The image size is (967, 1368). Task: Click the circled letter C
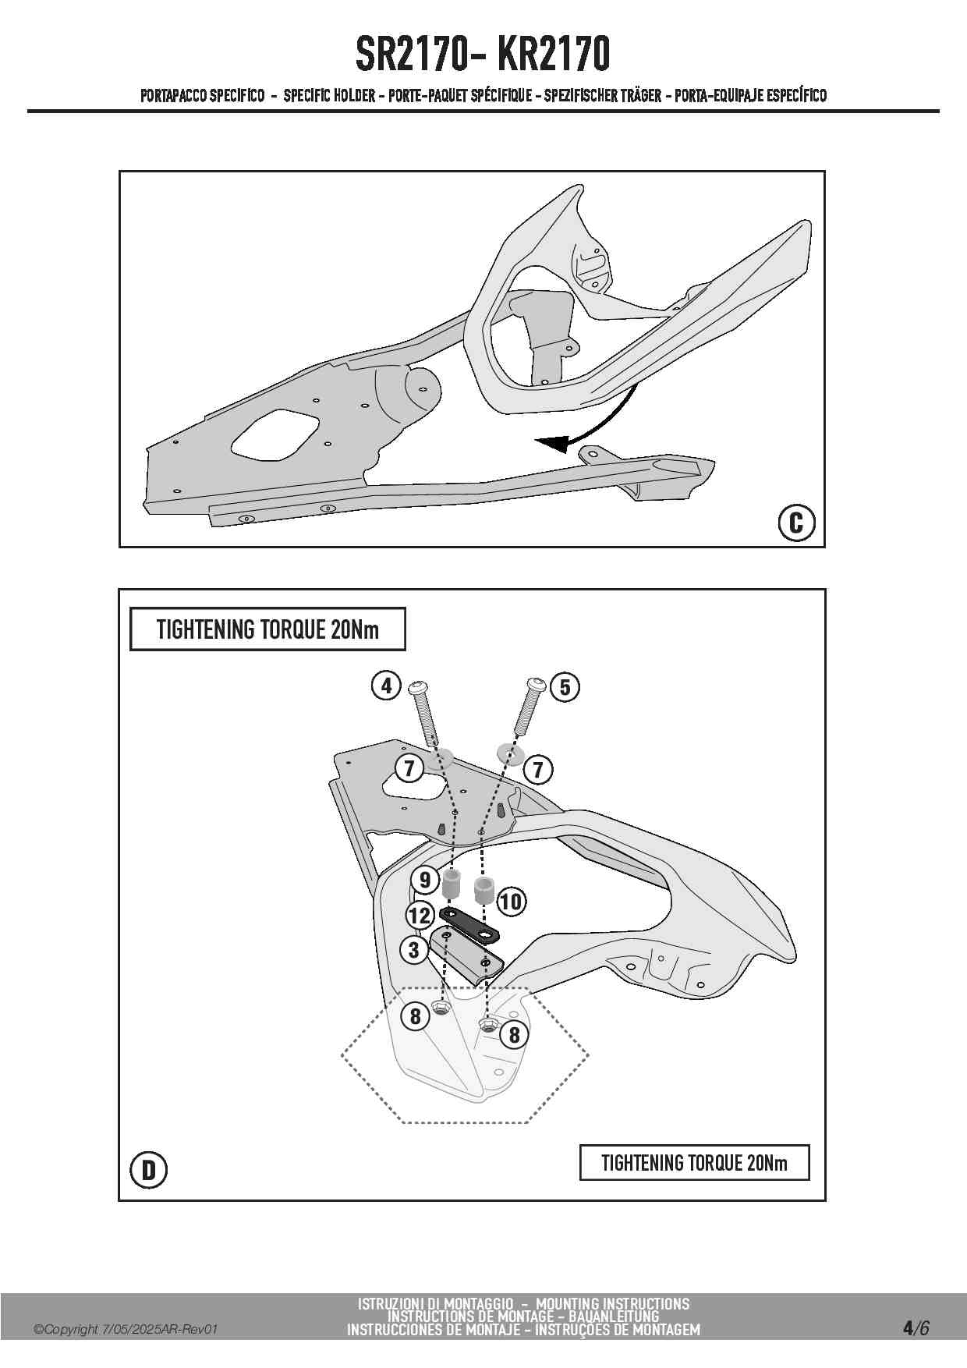coord(796,522)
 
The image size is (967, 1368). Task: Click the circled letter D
coord(148,1170)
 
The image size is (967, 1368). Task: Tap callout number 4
coord(386,686)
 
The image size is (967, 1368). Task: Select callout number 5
coord(565,687)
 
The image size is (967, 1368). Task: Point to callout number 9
coord(425,880)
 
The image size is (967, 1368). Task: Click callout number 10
coord(511,902)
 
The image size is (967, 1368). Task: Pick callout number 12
coord(420,915)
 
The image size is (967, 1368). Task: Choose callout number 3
coord(414,949)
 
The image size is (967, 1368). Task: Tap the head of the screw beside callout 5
coord(536,684)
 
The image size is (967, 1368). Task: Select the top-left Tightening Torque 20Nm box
coord(267,629)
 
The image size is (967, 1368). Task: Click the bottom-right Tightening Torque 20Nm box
coord(694,1163)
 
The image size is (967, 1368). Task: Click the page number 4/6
coord(916,1327)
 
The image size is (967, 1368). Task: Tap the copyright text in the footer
coord(125,1330)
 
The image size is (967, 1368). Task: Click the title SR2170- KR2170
coord(483,53)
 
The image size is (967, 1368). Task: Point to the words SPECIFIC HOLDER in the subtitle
coord(329,96)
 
